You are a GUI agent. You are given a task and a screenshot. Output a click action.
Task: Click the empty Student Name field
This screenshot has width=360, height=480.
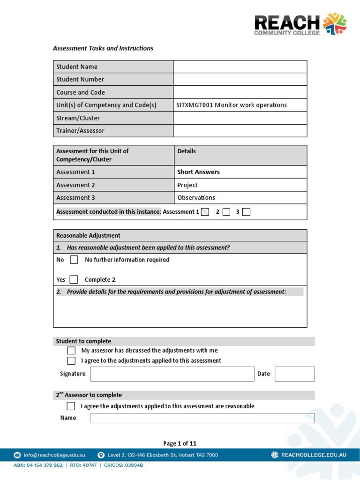pos(240,67)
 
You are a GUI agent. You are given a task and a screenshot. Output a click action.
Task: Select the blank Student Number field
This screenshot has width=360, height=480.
pos(240,79)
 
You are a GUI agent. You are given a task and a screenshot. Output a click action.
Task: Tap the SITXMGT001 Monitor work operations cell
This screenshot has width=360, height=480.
pos(232,105)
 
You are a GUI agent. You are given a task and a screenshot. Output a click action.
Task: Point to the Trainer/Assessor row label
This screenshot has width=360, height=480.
pos(80,131)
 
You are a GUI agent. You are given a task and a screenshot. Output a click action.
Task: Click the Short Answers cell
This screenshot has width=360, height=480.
pos(198,172)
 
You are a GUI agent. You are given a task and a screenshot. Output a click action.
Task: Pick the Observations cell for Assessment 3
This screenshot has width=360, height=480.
pos(196,198)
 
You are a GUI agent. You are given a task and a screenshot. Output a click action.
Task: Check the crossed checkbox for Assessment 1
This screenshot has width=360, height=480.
pos(205,212)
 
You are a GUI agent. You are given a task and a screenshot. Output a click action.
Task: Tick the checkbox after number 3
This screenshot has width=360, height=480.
pos(247,212)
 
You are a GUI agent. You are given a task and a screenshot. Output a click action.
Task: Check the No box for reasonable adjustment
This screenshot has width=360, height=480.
pos(74,260)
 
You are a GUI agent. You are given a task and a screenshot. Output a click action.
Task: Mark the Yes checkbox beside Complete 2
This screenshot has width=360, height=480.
pos(74,280)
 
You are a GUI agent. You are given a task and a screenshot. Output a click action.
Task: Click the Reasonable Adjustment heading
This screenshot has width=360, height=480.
pos(88,235)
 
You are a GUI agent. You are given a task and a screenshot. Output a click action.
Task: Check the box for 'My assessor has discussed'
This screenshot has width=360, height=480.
pos(71,351)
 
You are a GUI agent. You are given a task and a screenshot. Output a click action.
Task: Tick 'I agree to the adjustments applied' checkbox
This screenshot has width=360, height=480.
pos(71,361)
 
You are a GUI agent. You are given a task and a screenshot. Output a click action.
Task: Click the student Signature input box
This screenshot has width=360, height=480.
pos(172,374)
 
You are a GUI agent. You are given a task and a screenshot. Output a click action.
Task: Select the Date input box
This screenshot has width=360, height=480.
pos(294,374)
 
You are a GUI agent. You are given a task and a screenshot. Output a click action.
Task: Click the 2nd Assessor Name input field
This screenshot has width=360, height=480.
pos(202,418)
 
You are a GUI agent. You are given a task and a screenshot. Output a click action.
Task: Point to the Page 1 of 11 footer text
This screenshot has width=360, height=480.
pos(180,443)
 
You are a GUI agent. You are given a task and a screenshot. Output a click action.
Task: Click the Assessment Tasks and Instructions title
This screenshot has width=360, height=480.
pos(103,48)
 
